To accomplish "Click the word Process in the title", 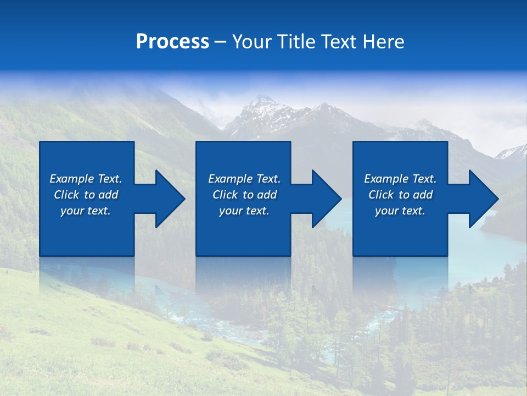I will click(x=172, y=42).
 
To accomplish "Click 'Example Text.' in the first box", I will click(x=86, y=179).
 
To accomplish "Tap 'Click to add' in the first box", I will click(x=86, y=195).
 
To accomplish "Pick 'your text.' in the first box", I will click(x=86, y=211).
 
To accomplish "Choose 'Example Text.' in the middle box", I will click(x=244, y=179).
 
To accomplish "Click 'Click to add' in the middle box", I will click(x=244, y=195).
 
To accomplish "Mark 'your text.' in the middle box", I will click(x=244, y=211).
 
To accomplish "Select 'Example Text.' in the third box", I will click(x=400, y=179).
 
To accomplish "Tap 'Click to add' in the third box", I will click(x=400, y=195).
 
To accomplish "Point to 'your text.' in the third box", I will click(x=400, y=211).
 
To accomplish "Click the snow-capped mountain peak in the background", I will click(x=262, y=102).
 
